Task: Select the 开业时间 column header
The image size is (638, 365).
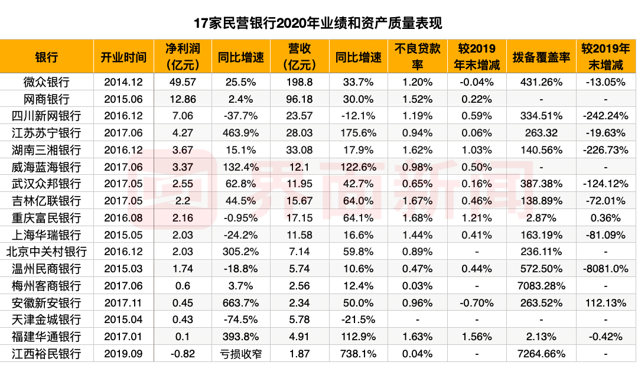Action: pos(123,57)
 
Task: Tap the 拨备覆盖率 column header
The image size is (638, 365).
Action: pos(541,57)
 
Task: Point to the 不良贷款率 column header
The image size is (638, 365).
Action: pos(417,57)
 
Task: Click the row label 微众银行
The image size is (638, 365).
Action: pos(47,82)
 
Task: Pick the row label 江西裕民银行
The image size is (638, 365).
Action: pos(47,354)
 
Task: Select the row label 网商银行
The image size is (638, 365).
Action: pos(47,99)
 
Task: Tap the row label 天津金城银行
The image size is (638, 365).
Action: pos(47,320)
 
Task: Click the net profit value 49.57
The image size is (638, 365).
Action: pos(182,82)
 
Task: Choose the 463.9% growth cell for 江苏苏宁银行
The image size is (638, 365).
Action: pos(240,133)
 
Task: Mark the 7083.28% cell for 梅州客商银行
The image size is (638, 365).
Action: pos(541,286)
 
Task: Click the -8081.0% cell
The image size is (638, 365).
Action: pos(603,269)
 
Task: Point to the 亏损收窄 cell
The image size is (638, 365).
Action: pos(240,354)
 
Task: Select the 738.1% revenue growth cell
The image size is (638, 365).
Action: pos(359,354)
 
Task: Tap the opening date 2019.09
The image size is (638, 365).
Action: pos(123,354)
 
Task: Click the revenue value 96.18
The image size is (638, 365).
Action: pos(300,99)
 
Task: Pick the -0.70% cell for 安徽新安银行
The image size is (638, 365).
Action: pos(476,303)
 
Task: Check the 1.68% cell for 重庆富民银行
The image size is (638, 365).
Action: pos(417,218)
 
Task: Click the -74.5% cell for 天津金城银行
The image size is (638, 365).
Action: pos(240,320)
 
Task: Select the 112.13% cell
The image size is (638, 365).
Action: pos(603,303)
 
